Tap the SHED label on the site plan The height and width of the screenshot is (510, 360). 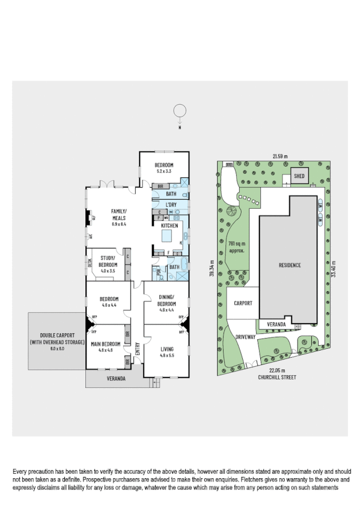tap(299, 176)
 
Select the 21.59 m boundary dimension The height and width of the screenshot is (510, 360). tap(279, 156)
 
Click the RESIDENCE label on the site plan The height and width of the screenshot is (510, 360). tap(289, 265)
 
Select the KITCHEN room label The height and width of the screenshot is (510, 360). tap(169, 225)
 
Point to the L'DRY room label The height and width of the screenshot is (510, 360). tap(171, 205)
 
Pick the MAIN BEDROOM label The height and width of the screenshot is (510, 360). tap(106, 343)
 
